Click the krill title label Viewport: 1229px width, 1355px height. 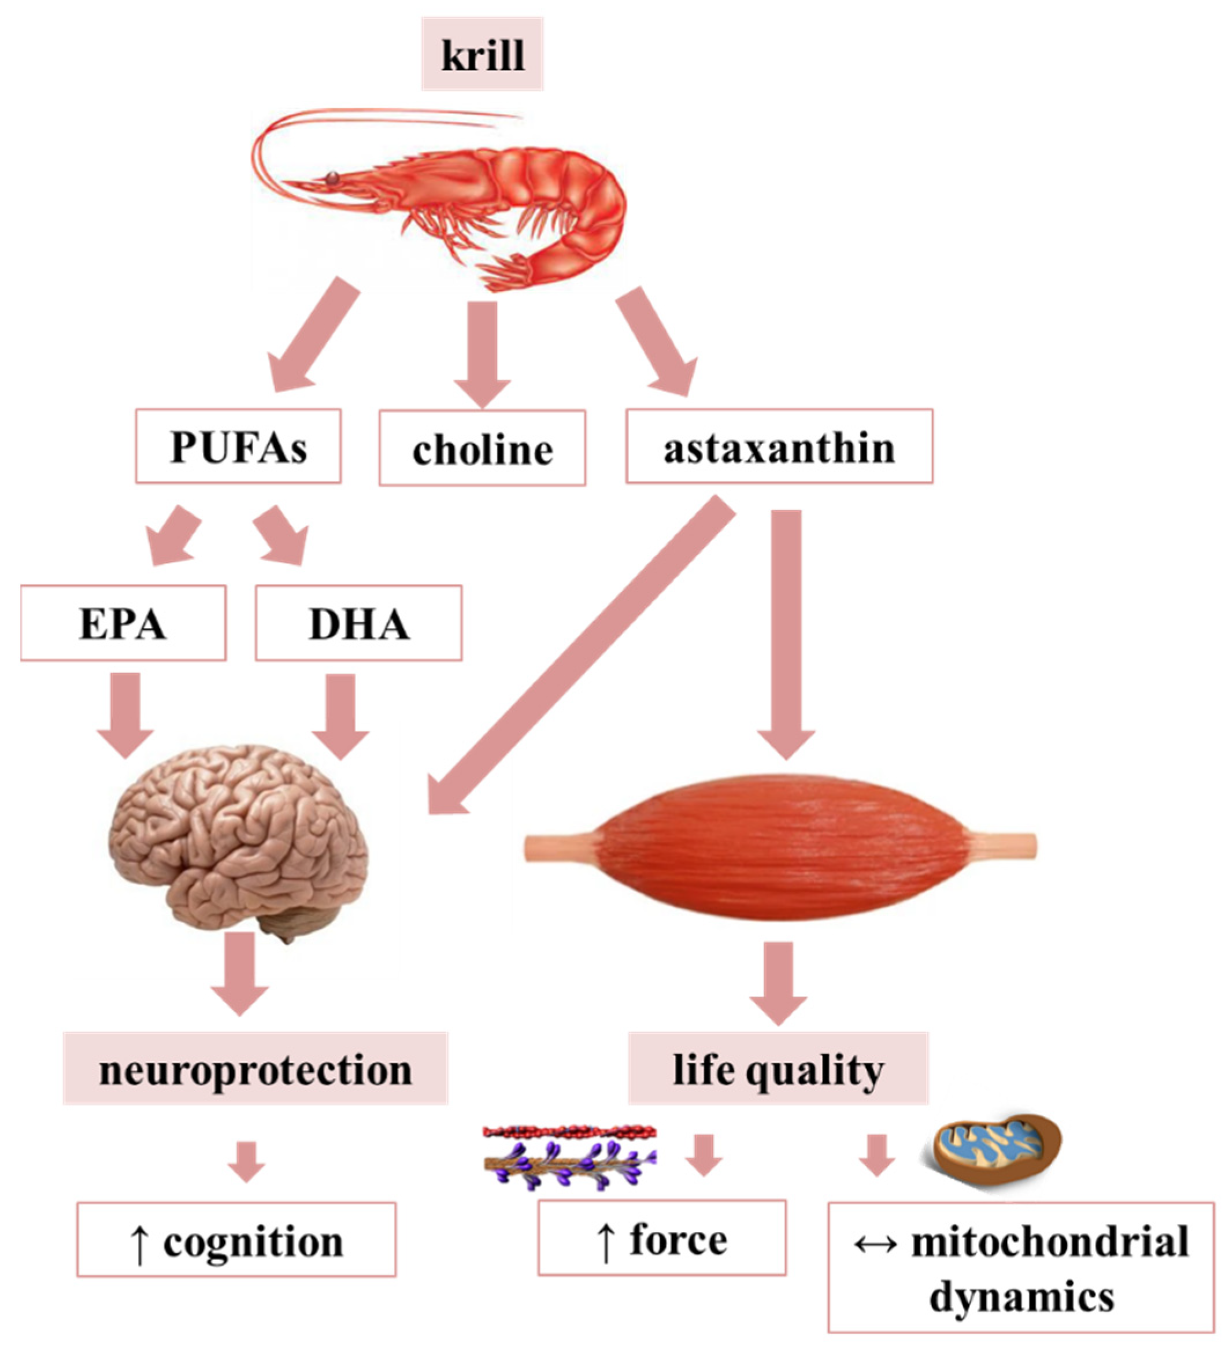click(482, 54)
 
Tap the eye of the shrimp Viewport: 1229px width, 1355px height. click(332, 178)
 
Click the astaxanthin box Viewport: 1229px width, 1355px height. click(779, 446)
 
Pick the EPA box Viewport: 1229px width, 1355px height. click(123, 623)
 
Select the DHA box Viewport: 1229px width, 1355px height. click(358, 623)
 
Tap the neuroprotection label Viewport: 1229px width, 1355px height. click(256, 1069)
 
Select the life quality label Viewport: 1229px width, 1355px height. click(778, 1069)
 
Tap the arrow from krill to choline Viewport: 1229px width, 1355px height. click(482, 353)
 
